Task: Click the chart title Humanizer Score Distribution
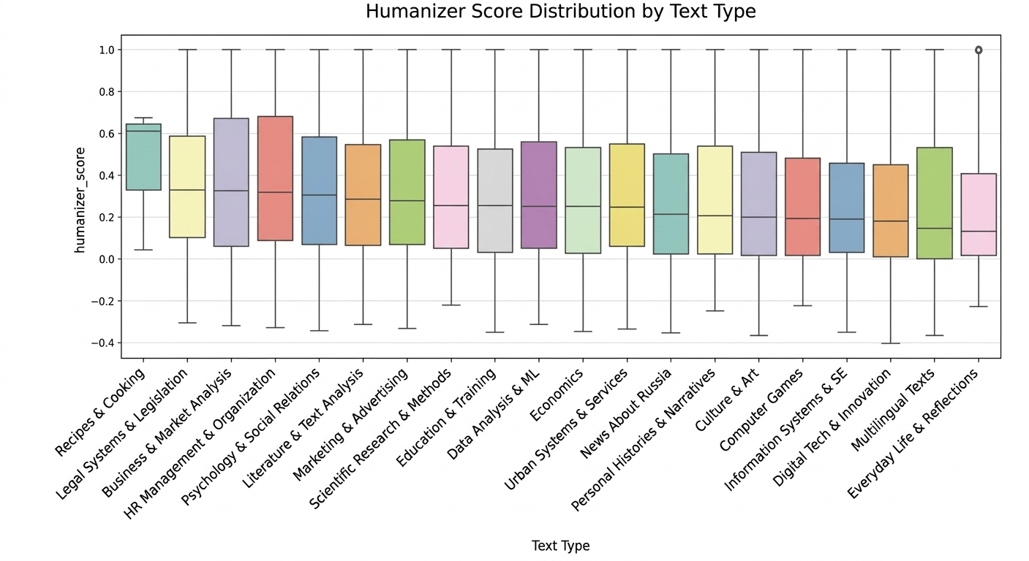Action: click(560, 12)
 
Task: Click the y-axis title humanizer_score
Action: click(80, 200)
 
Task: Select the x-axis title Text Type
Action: click(560, 546)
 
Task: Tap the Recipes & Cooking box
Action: click(143, 157)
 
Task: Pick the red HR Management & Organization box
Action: click(275, 178)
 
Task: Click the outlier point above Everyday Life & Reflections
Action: click(979, 50)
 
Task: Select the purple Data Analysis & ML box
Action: click(539, 195)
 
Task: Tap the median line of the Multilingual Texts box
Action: click(934, 229)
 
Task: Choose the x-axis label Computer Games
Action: click(762, 410)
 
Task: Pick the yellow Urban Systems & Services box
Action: click(627, 195)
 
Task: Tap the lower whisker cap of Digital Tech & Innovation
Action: click(890, 343)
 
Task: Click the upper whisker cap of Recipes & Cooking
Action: click(143, 118)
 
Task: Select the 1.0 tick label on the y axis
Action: click(107, 50)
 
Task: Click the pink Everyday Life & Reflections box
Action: click(979, 214)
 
